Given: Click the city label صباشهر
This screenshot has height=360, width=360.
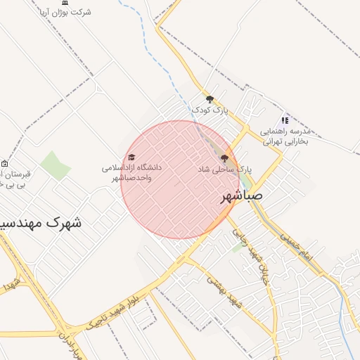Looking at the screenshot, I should click(x=242, y=195).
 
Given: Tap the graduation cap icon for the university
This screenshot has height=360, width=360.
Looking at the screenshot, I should click(x=131, y=157).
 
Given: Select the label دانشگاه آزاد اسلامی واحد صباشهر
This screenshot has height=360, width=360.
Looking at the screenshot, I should click(x=131, y=173).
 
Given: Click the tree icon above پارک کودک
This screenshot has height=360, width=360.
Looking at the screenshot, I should click(x=210, y=99).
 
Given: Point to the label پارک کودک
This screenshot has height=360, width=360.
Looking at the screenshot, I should click(x=210, y=110).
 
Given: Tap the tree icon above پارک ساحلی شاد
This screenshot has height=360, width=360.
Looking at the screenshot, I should click(x=224, y=159).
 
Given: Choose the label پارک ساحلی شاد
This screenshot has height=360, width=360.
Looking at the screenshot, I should click(x=224, y=169).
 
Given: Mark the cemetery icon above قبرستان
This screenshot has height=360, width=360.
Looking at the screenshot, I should click(x=5, y=163).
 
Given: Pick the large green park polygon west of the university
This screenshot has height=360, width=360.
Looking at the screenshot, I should click(x=55, y=165).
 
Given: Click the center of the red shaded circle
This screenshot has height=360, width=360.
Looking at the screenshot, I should click(x=179, y=179).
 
